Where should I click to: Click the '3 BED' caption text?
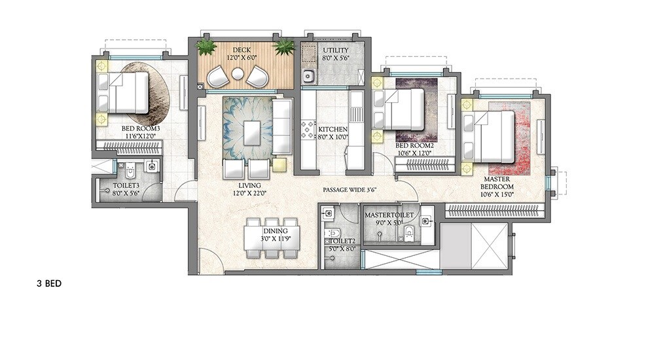tap(49, 285)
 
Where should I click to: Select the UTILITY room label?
tap(335, 50)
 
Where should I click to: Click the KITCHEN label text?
tap(332, 129)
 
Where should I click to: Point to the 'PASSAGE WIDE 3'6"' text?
tap(354, 190)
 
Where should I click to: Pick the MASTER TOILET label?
tap(389, 215)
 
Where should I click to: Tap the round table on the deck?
tap(237, 75)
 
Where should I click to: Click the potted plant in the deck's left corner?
tap(207, 47)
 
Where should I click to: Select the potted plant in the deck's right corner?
tap(285, 47)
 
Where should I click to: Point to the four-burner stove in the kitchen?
tap(307, 130)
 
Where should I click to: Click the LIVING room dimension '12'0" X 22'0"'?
tap(255, 193)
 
